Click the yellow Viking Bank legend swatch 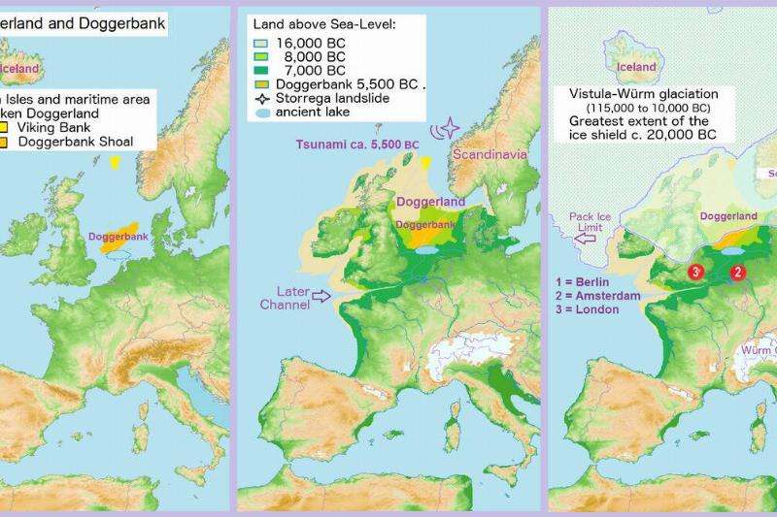tap(7, 125)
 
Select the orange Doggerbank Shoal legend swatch tap(7, 143)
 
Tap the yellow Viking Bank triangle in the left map tap(117, 163)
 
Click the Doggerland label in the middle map tap(430, 202)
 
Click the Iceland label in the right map tap(636, 67)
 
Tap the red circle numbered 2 tap(737, 273)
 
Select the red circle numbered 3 tap(695, 272)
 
